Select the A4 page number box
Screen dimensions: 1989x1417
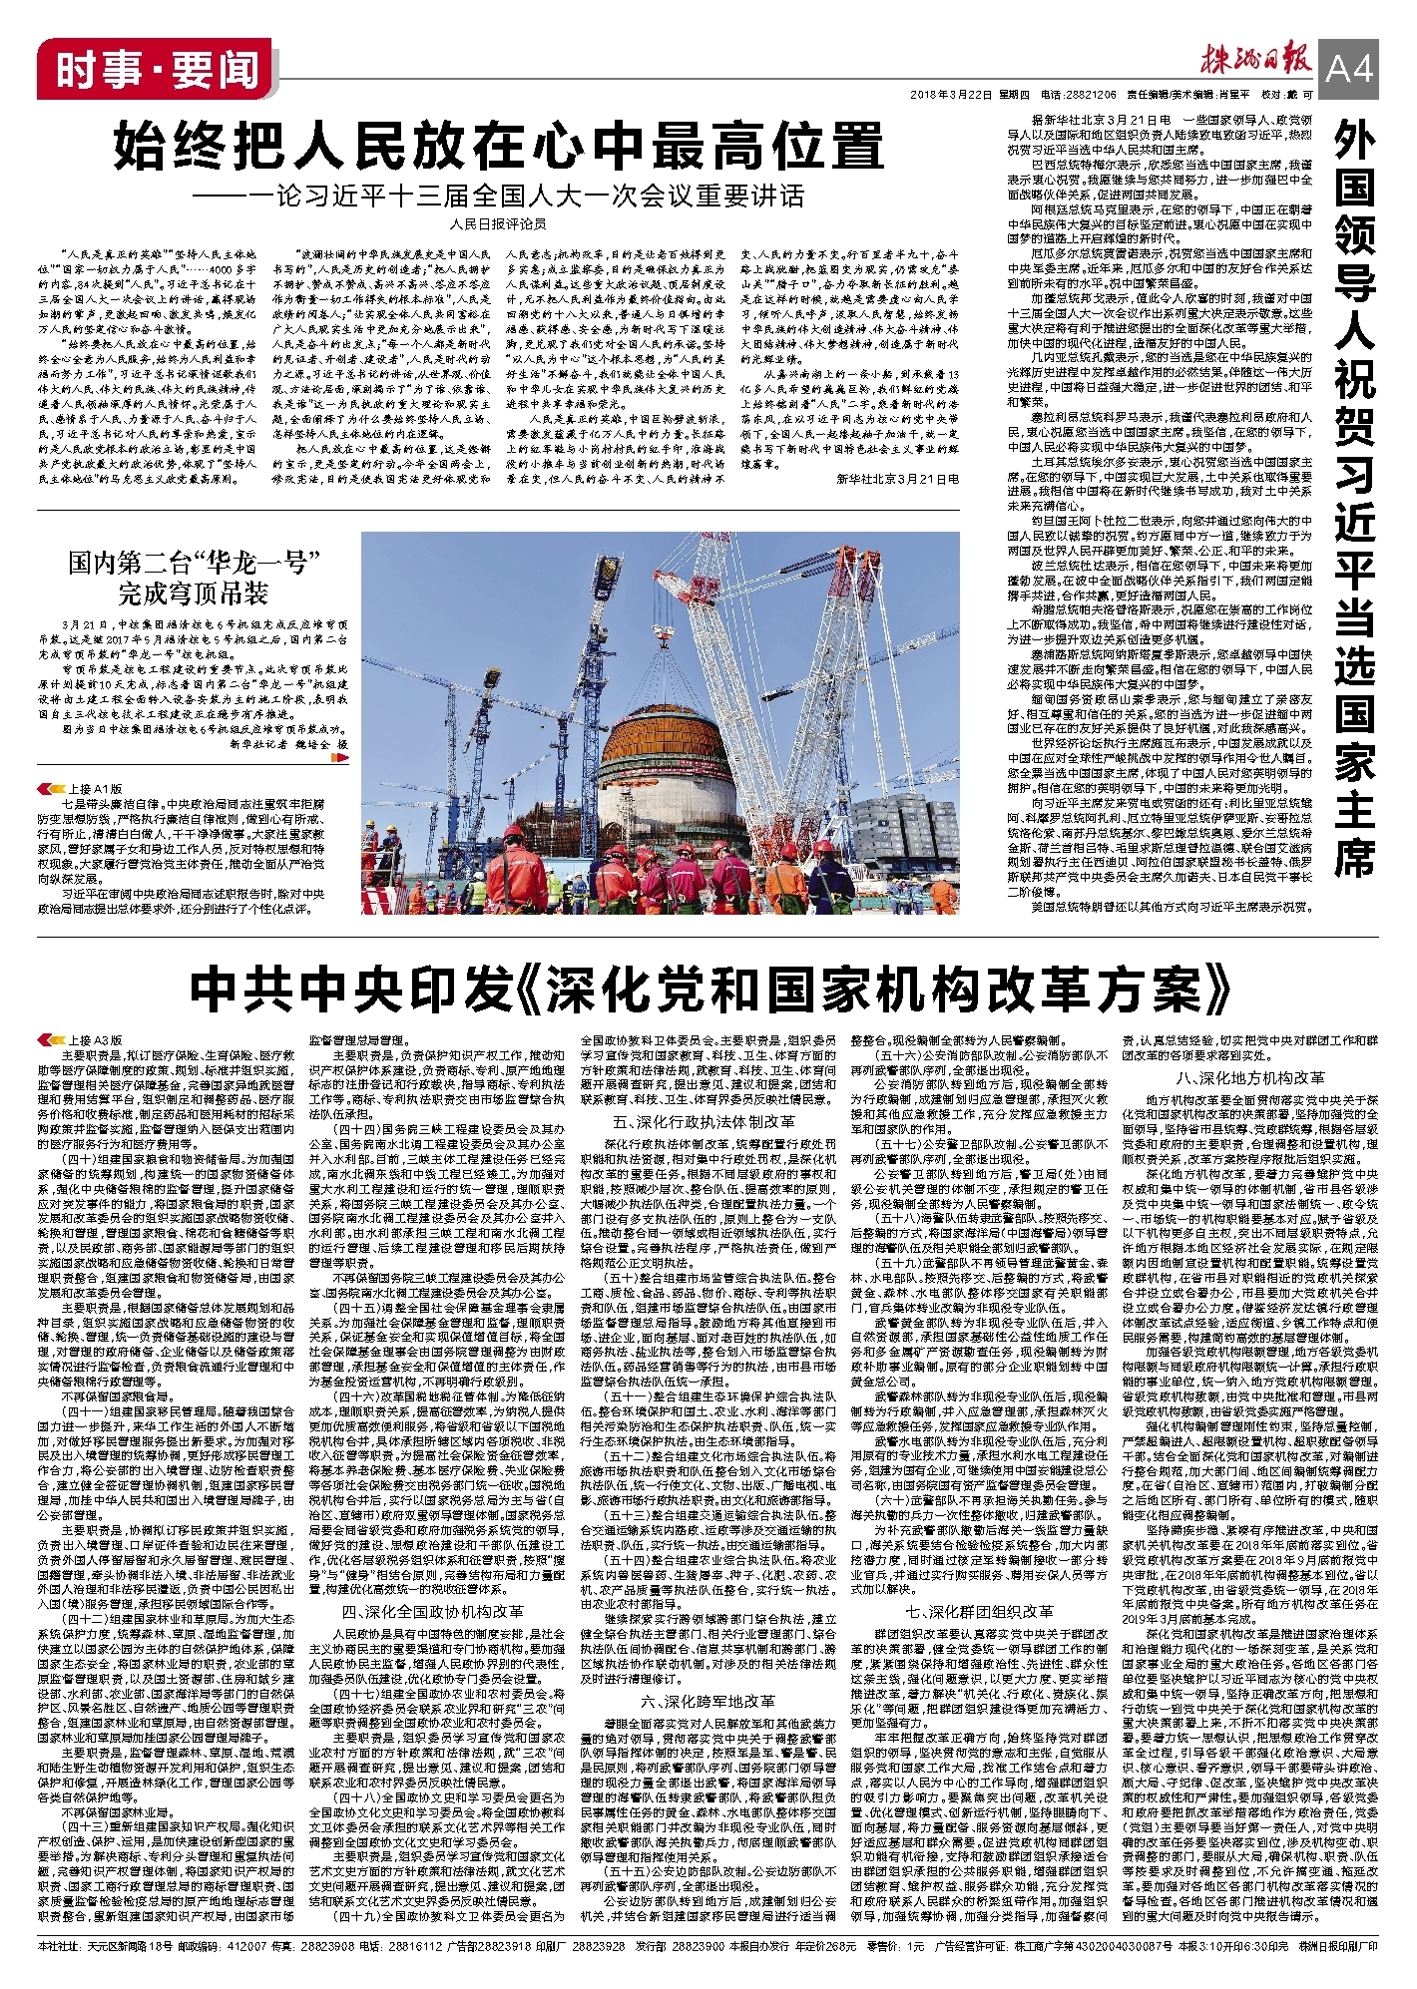pyautogui.click(x=1349, y=68)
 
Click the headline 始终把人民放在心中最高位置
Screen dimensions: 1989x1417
pyautogui.click(x=498, y=146)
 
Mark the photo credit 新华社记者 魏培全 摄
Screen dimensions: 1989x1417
pyautogui.click(x=289, y=744)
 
